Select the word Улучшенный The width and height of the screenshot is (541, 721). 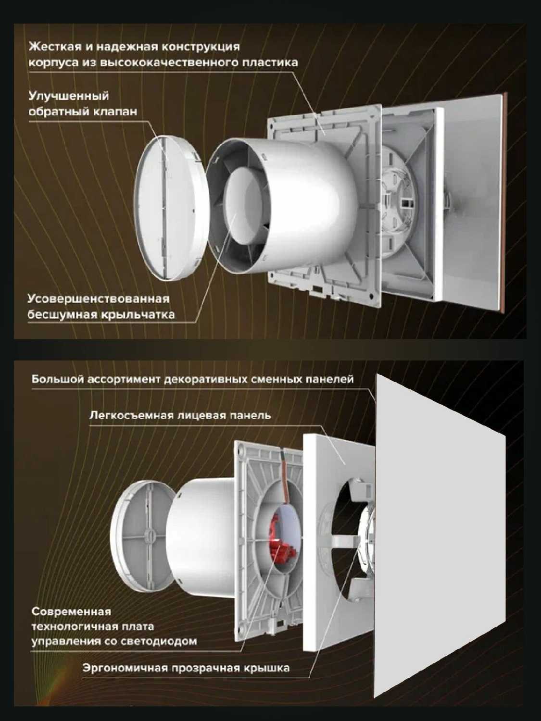pyautogui.click(x=69, y=97)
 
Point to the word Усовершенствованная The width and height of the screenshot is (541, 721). pyautogui.click(x=98, y=299)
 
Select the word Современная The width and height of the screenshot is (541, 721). pyautogui.click(x=71, y=612)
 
